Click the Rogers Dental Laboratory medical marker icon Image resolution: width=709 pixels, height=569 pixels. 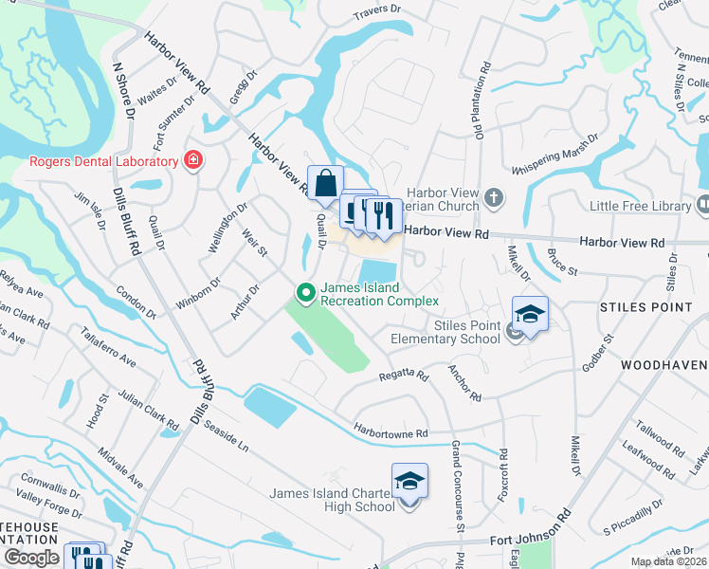click(193, 160)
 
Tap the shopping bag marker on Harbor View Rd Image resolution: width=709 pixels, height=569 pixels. click(325, 183)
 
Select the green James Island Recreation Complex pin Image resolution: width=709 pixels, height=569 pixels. click(305, 293)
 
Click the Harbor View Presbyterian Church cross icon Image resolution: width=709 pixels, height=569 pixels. click(492, 199)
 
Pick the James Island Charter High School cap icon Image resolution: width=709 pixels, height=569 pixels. click(409, 483)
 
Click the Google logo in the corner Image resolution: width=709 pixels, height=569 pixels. click(31, 558)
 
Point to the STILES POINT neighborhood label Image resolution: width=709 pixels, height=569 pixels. click(646, 307)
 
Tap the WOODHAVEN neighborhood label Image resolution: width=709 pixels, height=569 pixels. click(664, 365)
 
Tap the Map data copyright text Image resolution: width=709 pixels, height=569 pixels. click(667, 561)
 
